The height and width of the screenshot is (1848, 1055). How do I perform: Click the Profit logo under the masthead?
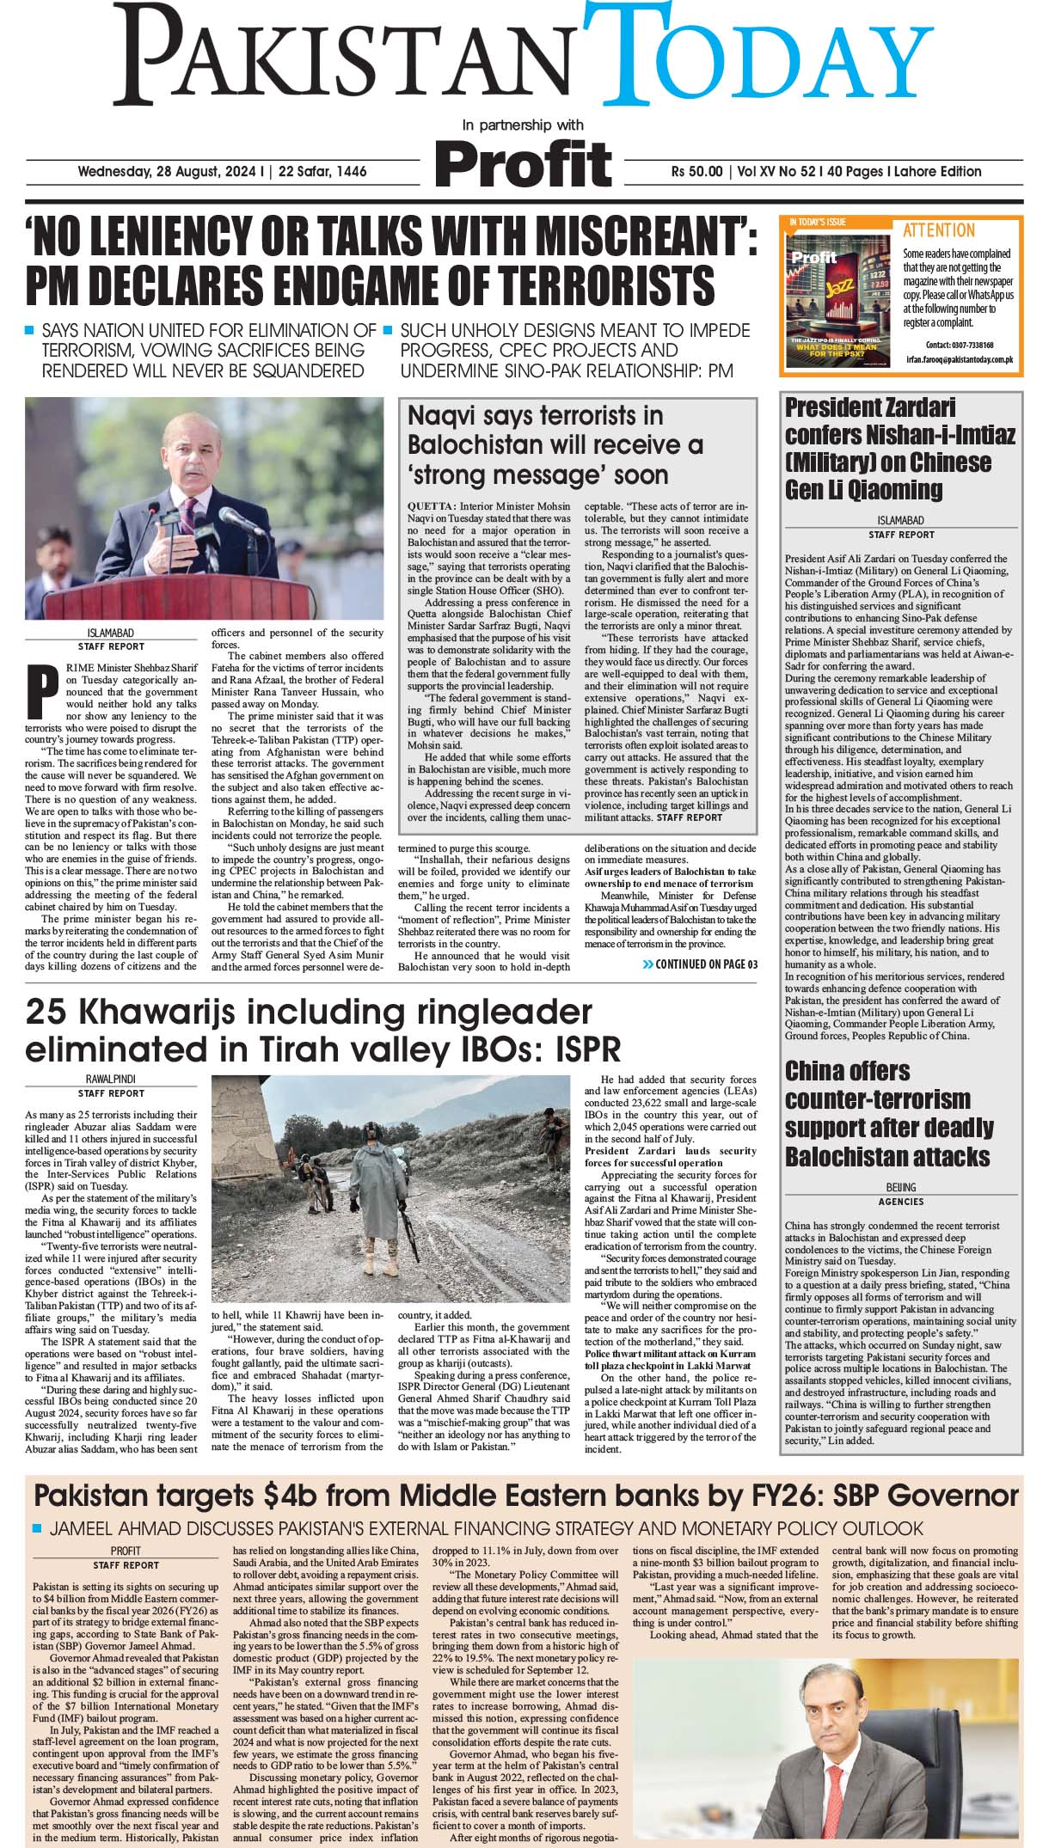[x=523, y=162]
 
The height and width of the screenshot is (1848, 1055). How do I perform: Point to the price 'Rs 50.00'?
[x=696, y=171]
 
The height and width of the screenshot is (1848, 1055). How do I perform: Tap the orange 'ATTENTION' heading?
[x=939, y=230]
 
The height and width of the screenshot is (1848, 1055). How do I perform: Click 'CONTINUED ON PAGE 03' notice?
[x=700, y=964]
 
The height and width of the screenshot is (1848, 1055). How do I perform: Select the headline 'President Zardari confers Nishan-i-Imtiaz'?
[x=899, y=448]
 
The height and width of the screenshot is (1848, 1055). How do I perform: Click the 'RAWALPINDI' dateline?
[x=111, y=1079]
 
